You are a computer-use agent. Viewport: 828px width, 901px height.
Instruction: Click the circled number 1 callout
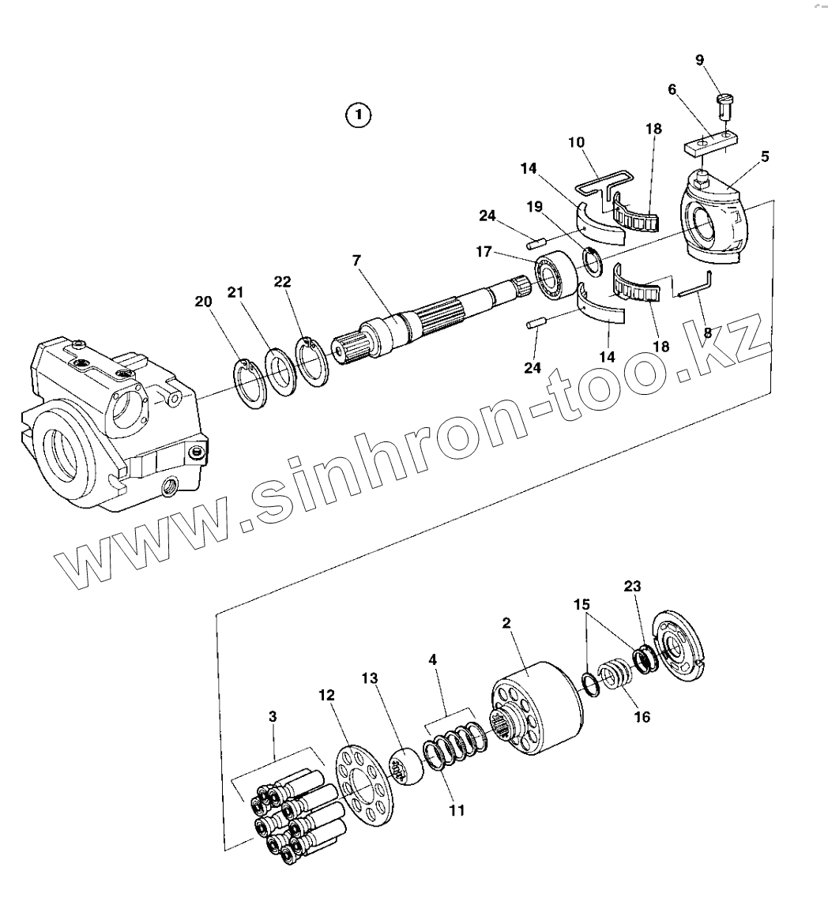pos(358,115)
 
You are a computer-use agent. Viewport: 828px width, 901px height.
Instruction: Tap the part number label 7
pos(358,261)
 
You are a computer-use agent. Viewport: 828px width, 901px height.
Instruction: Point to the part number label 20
pos(204,301)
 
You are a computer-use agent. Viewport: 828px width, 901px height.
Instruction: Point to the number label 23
pos(632,586)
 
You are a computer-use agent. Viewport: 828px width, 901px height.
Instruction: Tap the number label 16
pos(642,718)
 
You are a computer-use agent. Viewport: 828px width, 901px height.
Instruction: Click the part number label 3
pos(273,717)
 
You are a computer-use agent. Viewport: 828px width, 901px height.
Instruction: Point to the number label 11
pos(457,810)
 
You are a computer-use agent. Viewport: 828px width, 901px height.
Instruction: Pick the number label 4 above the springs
pos(432,659)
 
